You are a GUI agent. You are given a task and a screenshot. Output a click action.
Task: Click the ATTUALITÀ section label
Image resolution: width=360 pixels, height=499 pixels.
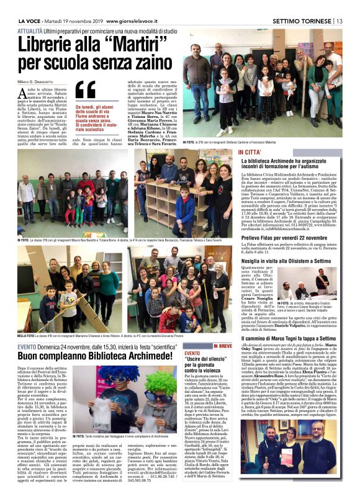click(30, 30)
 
